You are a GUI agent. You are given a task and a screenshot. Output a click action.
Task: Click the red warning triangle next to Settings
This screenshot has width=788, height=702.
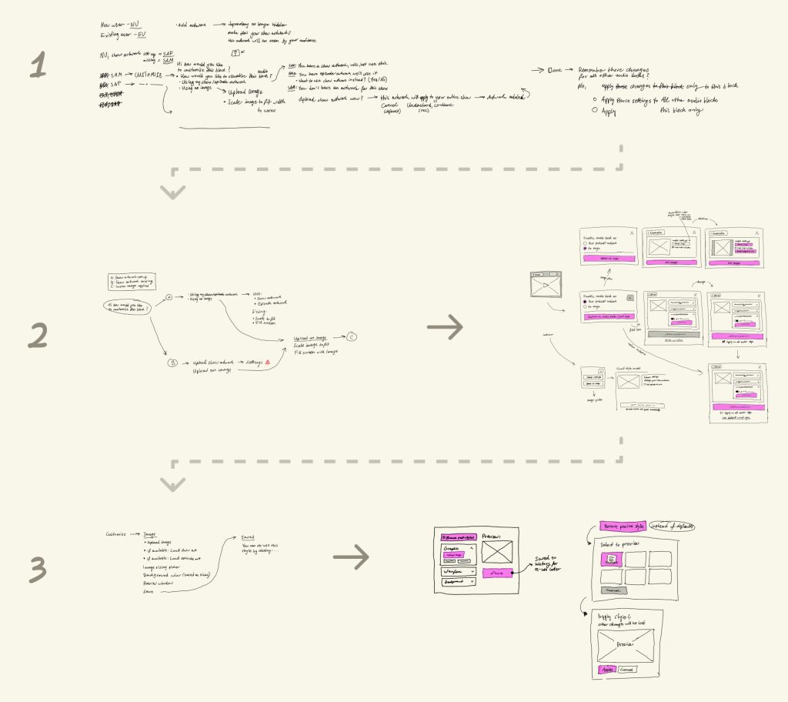tap(266, 361)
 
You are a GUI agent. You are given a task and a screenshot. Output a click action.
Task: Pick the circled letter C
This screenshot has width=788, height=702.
tap(352, 336)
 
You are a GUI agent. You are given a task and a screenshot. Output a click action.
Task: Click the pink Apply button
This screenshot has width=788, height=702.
tap(607, 670)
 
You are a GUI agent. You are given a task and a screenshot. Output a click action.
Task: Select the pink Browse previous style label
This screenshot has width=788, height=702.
tap(623, 526)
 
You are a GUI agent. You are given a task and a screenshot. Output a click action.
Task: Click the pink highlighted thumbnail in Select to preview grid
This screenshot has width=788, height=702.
tap(613, 559)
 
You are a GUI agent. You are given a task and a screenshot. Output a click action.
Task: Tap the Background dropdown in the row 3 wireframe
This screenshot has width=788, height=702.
tap(459, 583)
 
